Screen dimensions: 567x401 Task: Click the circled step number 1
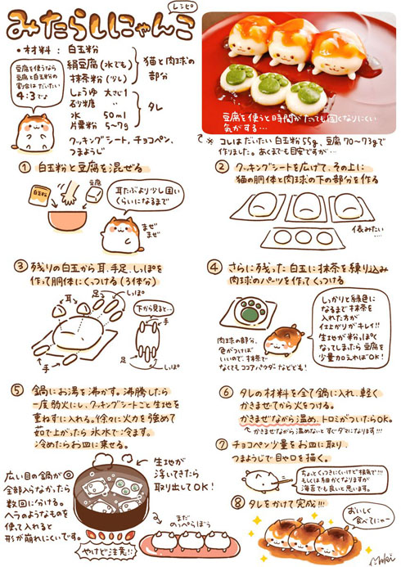(x=26, y=167)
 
